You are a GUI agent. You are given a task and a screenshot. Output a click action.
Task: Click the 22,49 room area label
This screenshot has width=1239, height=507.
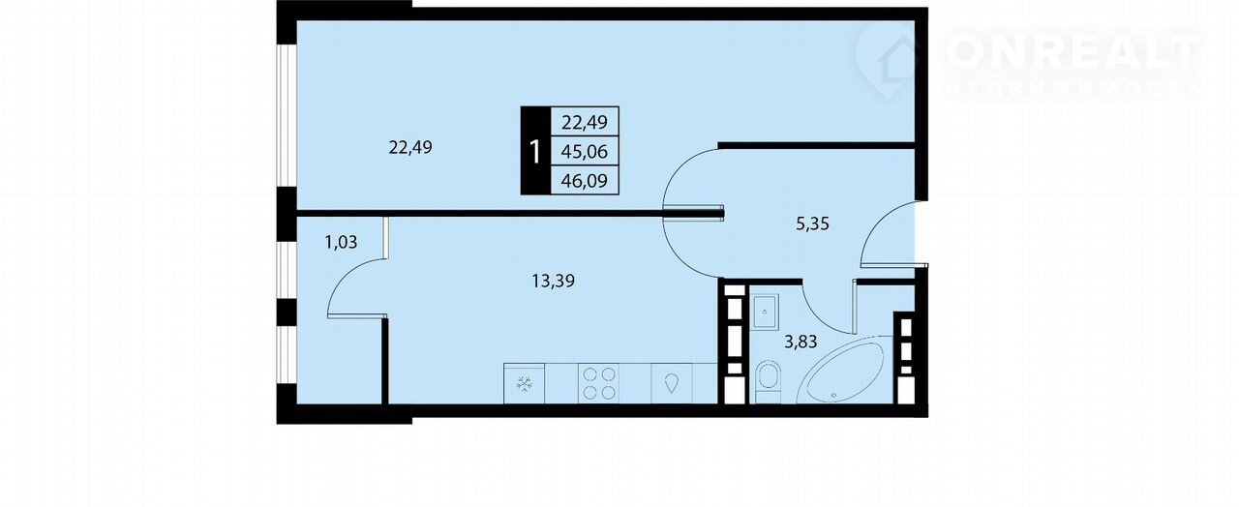410,148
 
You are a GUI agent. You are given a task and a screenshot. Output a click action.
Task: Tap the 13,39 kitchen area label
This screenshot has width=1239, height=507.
553,282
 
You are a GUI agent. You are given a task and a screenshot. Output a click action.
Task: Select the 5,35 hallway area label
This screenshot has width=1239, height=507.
812,224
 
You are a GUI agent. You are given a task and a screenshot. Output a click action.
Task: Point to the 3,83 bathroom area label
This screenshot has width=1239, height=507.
801,343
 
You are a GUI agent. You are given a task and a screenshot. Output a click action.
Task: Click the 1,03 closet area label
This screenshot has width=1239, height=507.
341,242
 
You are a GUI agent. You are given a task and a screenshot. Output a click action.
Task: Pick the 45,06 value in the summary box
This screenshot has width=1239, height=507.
584,151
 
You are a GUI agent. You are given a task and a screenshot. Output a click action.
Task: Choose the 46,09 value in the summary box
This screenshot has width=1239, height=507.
584,181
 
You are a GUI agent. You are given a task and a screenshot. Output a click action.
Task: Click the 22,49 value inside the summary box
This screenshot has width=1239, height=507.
584,122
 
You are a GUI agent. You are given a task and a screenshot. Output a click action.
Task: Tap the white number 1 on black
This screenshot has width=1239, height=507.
535,152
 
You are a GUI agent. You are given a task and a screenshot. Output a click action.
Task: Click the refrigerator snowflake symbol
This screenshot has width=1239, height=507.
524,384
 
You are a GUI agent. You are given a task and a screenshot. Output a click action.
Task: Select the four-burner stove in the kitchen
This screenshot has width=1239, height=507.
599,383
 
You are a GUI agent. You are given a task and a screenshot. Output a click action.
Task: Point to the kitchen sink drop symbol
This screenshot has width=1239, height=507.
672,383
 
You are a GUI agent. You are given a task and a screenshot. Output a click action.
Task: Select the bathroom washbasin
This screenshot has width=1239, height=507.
765,312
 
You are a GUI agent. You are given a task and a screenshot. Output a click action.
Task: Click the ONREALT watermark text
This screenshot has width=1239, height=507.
1073,51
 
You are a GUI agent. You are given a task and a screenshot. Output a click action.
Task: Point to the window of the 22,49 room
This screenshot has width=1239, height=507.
287,115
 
